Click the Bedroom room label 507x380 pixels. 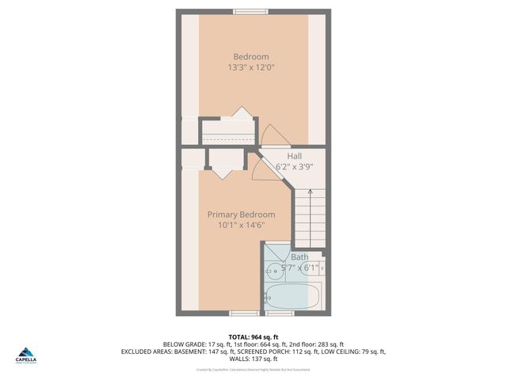250,56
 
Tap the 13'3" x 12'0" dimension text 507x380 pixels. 250,67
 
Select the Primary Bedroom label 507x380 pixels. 241,215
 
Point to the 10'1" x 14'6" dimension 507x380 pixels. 241,226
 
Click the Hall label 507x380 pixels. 294,156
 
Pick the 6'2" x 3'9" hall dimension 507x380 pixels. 294,167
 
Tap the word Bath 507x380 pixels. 299,257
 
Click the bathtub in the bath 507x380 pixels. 292,298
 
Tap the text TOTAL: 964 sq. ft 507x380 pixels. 253,336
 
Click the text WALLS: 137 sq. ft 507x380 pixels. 253,359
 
